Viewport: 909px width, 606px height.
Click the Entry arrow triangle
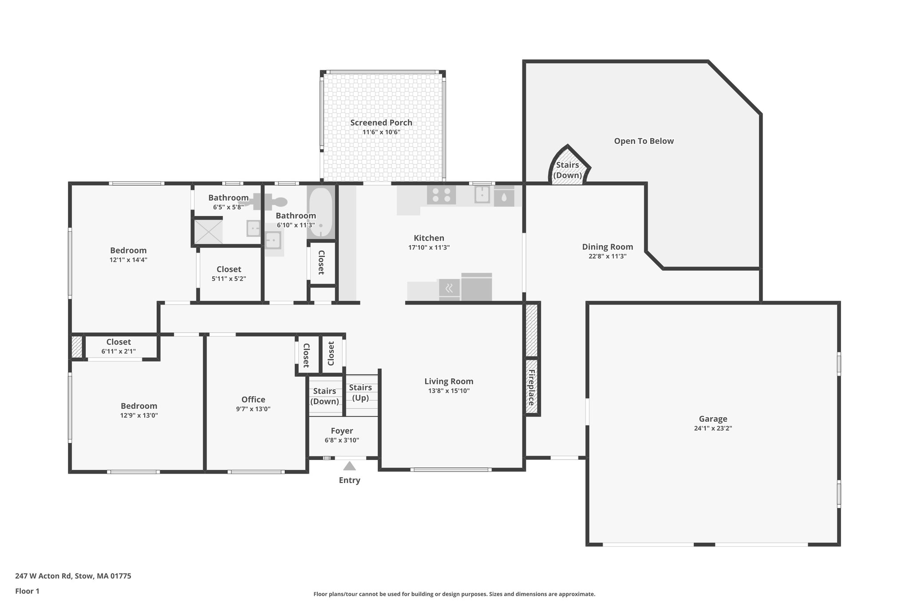tap(349, 466)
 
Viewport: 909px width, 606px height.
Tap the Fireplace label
tap(531, 387)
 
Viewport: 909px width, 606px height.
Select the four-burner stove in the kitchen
tap(441, 195)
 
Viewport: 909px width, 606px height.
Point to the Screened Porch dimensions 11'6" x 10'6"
tap(381, 132)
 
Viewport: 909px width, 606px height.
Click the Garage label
tap(713, 419)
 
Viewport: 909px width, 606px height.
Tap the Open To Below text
tap(644, 141)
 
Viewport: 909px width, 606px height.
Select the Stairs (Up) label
tap(360, 392)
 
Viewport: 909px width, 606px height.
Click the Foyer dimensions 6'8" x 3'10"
tap(342, 440)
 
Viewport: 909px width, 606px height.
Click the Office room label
tap(253, 400)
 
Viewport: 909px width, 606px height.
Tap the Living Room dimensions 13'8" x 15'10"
tap(449, 391)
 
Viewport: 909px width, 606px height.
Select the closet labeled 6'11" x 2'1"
tap(119, 346)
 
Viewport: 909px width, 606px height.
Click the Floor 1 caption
tap(27, 591)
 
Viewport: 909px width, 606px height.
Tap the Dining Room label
tap(607, 247)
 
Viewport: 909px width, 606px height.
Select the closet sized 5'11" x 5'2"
tap(229, 273)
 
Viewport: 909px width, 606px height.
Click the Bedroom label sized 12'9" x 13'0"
tap(139, 406)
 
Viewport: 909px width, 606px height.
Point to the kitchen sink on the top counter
tap(482, 194)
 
